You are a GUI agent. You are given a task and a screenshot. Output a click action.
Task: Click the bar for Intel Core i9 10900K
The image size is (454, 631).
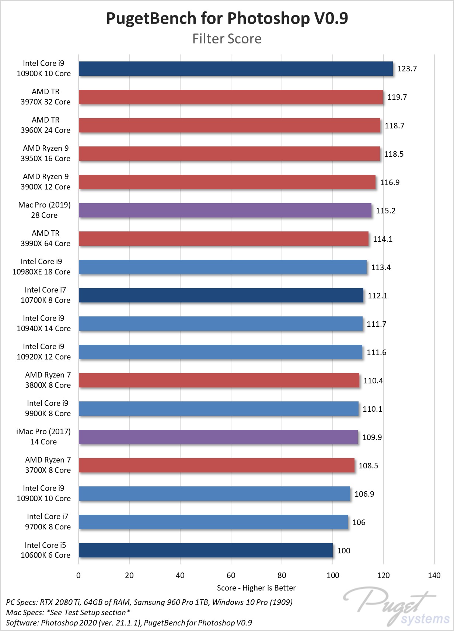click(x=235, y=69)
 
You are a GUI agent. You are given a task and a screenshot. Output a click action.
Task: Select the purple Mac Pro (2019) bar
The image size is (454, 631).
click(x=225, y=210)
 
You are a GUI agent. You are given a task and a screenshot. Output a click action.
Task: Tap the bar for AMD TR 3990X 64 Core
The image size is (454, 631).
click(x=223, y=239)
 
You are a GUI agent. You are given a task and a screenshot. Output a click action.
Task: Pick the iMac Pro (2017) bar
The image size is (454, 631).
click(x=218, y=437)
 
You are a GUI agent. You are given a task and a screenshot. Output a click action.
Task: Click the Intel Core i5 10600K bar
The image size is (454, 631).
click(x=206, y=550)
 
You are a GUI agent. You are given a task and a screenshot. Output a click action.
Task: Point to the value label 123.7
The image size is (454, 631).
click(x=407, y=69)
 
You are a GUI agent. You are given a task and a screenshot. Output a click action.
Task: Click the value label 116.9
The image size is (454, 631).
click(x=390, y=182)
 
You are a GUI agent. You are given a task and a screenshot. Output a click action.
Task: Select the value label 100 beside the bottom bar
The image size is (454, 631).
click(x=343, y=551)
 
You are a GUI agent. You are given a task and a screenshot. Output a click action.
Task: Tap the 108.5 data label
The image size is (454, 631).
click(x=368, y=466)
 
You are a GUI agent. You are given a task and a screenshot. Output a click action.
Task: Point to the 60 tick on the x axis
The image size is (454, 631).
click(x=231, y=575)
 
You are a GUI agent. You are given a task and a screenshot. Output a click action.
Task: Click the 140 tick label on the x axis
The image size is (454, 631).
click(x=434, y=575)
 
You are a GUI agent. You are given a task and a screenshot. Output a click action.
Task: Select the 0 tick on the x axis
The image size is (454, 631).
click(x=78, y=575)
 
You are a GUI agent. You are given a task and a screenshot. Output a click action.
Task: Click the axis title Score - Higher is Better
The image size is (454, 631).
click(x=256, y=588)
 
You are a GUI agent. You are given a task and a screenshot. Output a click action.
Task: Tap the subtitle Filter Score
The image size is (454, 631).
click(x=227, y=39)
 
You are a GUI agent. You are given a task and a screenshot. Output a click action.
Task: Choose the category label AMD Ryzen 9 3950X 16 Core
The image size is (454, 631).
click(x=45, y=153)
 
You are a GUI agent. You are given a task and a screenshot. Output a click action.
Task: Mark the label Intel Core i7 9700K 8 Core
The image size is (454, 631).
click(x=48, y=522)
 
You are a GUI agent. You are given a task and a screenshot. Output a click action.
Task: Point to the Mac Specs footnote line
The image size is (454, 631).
click(x=68, y=613)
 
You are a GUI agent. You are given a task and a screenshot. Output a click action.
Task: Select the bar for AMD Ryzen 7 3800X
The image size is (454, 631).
click(x=219, y=380)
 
